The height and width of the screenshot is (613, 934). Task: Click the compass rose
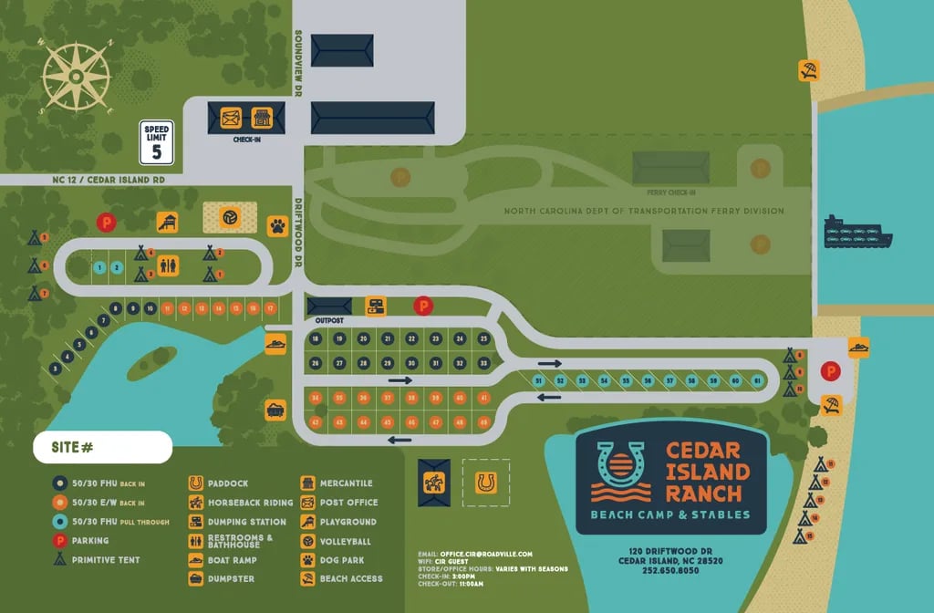point(77,77)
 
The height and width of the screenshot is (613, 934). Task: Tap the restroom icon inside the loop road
point(169,265)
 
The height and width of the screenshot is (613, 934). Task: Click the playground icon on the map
point(168,222)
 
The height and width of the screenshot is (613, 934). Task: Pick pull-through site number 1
point(99,267)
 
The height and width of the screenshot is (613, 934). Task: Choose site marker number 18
point(316,339)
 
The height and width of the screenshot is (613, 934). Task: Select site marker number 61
point(757,380)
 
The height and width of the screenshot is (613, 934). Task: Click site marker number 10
point(150,308)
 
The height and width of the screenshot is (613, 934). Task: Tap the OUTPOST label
point(328,321)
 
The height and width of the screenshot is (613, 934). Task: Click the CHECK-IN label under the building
point(246,140)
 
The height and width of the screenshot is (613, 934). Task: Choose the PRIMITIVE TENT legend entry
point(106,560)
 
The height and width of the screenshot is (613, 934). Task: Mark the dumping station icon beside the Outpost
point(375,306)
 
